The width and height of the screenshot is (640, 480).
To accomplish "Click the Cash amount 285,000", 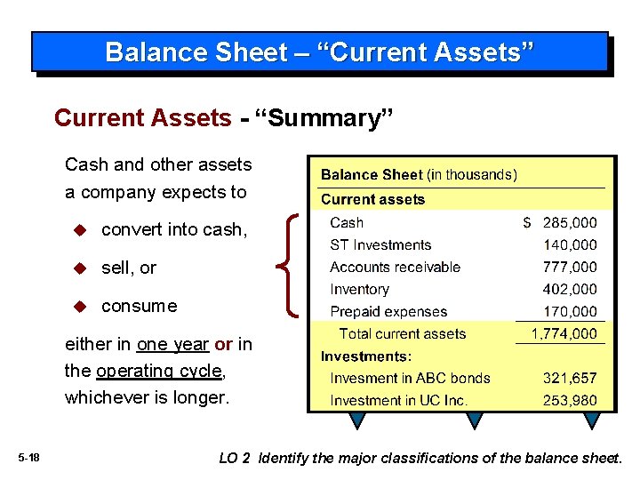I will coord(570,223).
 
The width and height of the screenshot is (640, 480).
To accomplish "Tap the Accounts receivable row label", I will coord(395,268).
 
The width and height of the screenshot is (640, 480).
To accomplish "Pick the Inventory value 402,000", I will coord(570,290).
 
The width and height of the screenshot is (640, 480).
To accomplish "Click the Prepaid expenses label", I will coord(388,312).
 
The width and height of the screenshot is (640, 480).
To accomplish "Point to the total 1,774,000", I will coord(564,334).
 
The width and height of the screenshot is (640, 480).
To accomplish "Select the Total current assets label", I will coord(403,334).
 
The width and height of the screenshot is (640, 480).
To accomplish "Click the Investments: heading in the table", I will coord(366,356).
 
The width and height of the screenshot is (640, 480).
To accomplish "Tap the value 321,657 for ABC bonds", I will coord(570,378).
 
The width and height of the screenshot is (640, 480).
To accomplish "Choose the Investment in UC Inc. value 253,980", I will coord(570,401).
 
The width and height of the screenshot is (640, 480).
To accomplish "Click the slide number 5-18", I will coord(28,458).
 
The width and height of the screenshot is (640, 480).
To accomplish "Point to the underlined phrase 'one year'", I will coord(172,345).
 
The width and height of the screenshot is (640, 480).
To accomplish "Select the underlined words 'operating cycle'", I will coord(160,371).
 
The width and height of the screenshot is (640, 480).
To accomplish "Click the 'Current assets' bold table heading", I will coord(372,200).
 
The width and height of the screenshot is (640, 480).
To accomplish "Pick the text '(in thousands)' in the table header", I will coord(471,175).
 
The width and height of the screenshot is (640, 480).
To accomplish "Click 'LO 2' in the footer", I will coord(235,458).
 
